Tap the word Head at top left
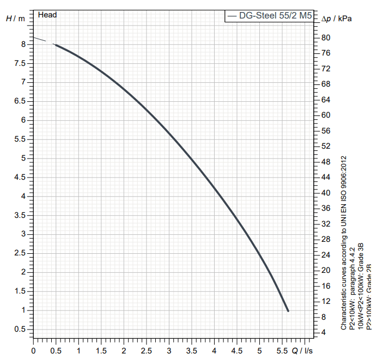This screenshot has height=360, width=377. tap(47, 15)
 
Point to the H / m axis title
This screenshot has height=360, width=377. tap(15, 18)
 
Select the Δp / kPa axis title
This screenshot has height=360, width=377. tap(337, 19)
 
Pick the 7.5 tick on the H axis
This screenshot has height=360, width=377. tap(19, 63)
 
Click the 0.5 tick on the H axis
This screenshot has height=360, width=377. tap(19, 330)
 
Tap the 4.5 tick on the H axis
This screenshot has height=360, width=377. tap(19, 177)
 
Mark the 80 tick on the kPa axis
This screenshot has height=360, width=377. tap(325, 38)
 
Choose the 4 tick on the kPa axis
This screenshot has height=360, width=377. tap(324, 332)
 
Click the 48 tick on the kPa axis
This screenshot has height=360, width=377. tap(325, 162)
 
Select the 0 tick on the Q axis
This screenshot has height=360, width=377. tap(34, 351)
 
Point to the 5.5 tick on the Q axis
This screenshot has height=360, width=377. tap(282, 351)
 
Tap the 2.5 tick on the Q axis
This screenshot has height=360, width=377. tap(147, 351)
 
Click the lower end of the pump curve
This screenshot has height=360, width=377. tap(287, 310)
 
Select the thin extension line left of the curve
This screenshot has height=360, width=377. tap(42, 40)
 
